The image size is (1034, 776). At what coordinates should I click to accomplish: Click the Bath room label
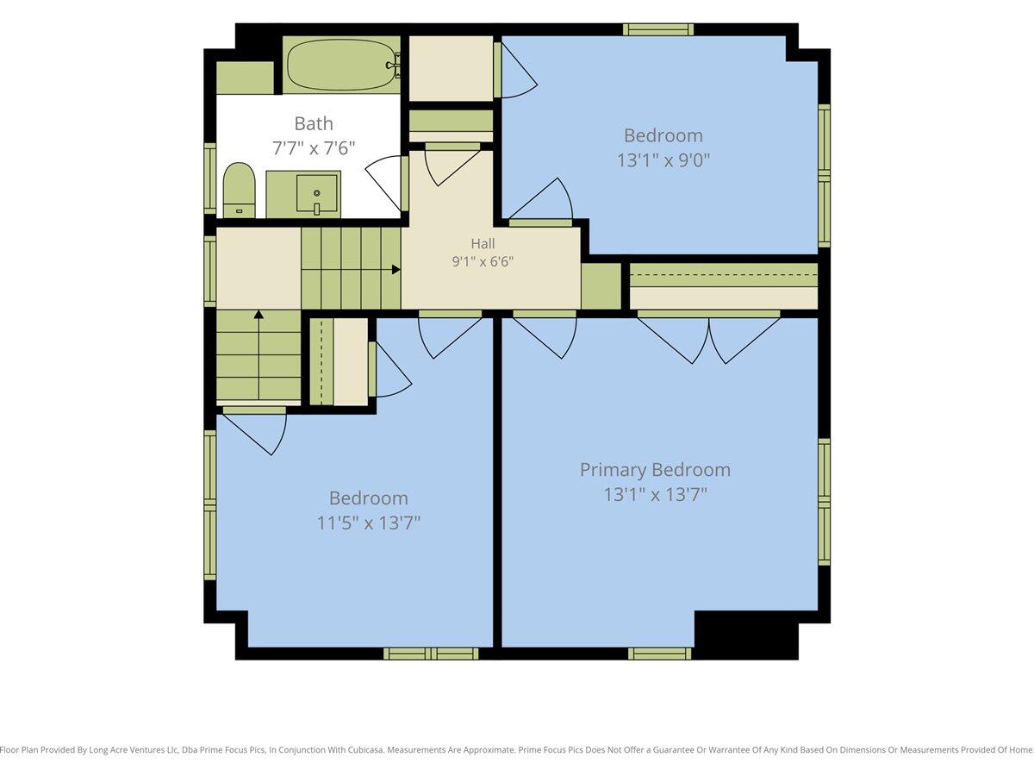[314, 123]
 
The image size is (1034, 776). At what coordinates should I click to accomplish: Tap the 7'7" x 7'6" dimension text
[314, 148]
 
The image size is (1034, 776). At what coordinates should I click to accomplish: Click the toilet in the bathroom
[240, 191]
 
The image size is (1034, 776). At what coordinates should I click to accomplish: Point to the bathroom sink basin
[317, 193]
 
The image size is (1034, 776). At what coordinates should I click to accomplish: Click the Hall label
[483, 244]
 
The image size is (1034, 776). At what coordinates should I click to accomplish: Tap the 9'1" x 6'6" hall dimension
[483, 261]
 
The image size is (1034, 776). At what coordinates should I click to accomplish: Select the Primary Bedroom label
[655, 470]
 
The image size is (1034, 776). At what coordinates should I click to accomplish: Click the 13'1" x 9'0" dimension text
[663, 160]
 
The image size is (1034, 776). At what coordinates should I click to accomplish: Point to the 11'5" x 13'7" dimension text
[369, 523]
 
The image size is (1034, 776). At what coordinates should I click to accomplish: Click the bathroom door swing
[386, 184]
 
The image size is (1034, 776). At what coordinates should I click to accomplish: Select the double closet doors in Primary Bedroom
[708, 337]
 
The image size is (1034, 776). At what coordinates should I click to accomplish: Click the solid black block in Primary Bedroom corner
[746, 635]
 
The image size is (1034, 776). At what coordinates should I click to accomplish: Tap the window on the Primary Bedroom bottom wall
[659, 654]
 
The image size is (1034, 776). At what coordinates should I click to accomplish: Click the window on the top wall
[658, 29]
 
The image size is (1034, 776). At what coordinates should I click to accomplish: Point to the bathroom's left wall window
[210, 178]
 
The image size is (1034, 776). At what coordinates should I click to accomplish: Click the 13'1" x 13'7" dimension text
[655, 495]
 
